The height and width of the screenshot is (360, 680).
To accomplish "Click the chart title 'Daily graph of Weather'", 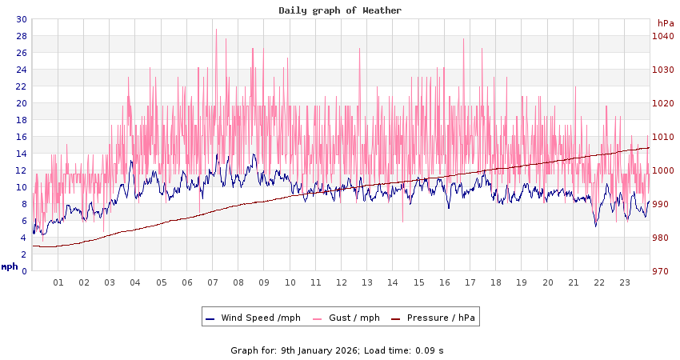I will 340,10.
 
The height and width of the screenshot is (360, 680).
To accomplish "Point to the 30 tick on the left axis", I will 22,19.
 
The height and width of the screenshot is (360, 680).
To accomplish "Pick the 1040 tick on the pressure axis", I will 662,36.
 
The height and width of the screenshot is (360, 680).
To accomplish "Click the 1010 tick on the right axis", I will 662,137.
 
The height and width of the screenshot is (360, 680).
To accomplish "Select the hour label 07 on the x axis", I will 213,282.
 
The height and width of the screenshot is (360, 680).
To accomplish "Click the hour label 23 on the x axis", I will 625,282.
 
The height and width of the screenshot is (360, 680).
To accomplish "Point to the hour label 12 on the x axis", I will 342,282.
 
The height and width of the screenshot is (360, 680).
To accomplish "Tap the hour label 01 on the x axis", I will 58,282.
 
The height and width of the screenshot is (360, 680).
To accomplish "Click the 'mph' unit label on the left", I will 10,266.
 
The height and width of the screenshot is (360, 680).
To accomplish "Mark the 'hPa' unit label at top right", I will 665,23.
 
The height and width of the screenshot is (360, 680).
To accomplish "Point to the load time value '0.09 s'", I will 429,350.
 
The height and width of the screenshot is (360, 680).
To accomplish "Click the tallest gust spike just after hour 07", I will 216,30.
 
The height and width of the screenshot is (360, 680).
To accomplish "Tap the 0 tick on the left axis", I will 24,271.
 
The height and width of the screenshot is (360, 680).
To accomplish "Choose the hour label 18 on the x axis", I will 496,282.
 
